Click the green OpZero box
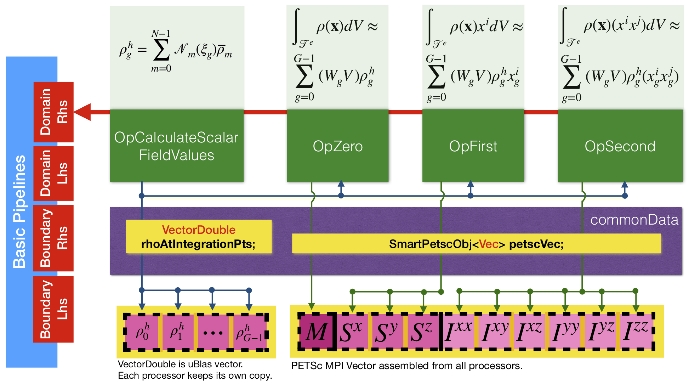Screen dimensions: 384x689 click(x=337, y=146)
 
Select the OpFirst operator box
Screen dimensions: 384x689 click(x=473, y=146)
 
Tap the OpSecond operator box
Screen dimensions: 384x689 click(x=620, y=146)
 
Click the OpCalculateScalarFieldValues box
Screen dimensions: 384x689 click(x=177, y=146)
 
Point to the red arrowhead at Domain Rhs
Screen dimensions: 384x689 click(x=83, y=112)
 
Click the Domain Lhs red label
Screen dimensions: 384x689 click(x=53, y=173)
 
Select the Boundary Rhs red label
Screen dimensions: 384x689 click(x=53, y=238)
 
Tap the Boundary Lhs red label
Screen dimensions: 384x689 click(x=53, y=309)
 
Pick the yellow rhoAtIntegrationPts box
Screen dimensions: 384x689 click(x=199, y=237)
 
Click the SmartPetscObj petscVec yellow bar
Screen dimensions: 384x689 click(x=476, y=244)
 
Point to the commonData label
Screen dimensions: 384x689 click(x=634, y=220)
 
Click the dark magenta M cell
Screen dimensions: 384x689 click(x=316, y=332)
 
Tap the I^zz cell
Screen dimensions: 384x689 click(x=636, y=332)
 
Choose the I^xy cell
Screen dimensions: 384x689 click(x=495, y=332)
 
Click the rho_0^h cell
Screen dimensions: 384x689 click(x=143, y=332)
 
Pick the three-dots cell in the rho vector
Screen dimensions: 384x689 click(x=213, y=333)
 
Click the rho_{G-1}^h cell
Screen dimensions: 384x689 click(x=249, y=333)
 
